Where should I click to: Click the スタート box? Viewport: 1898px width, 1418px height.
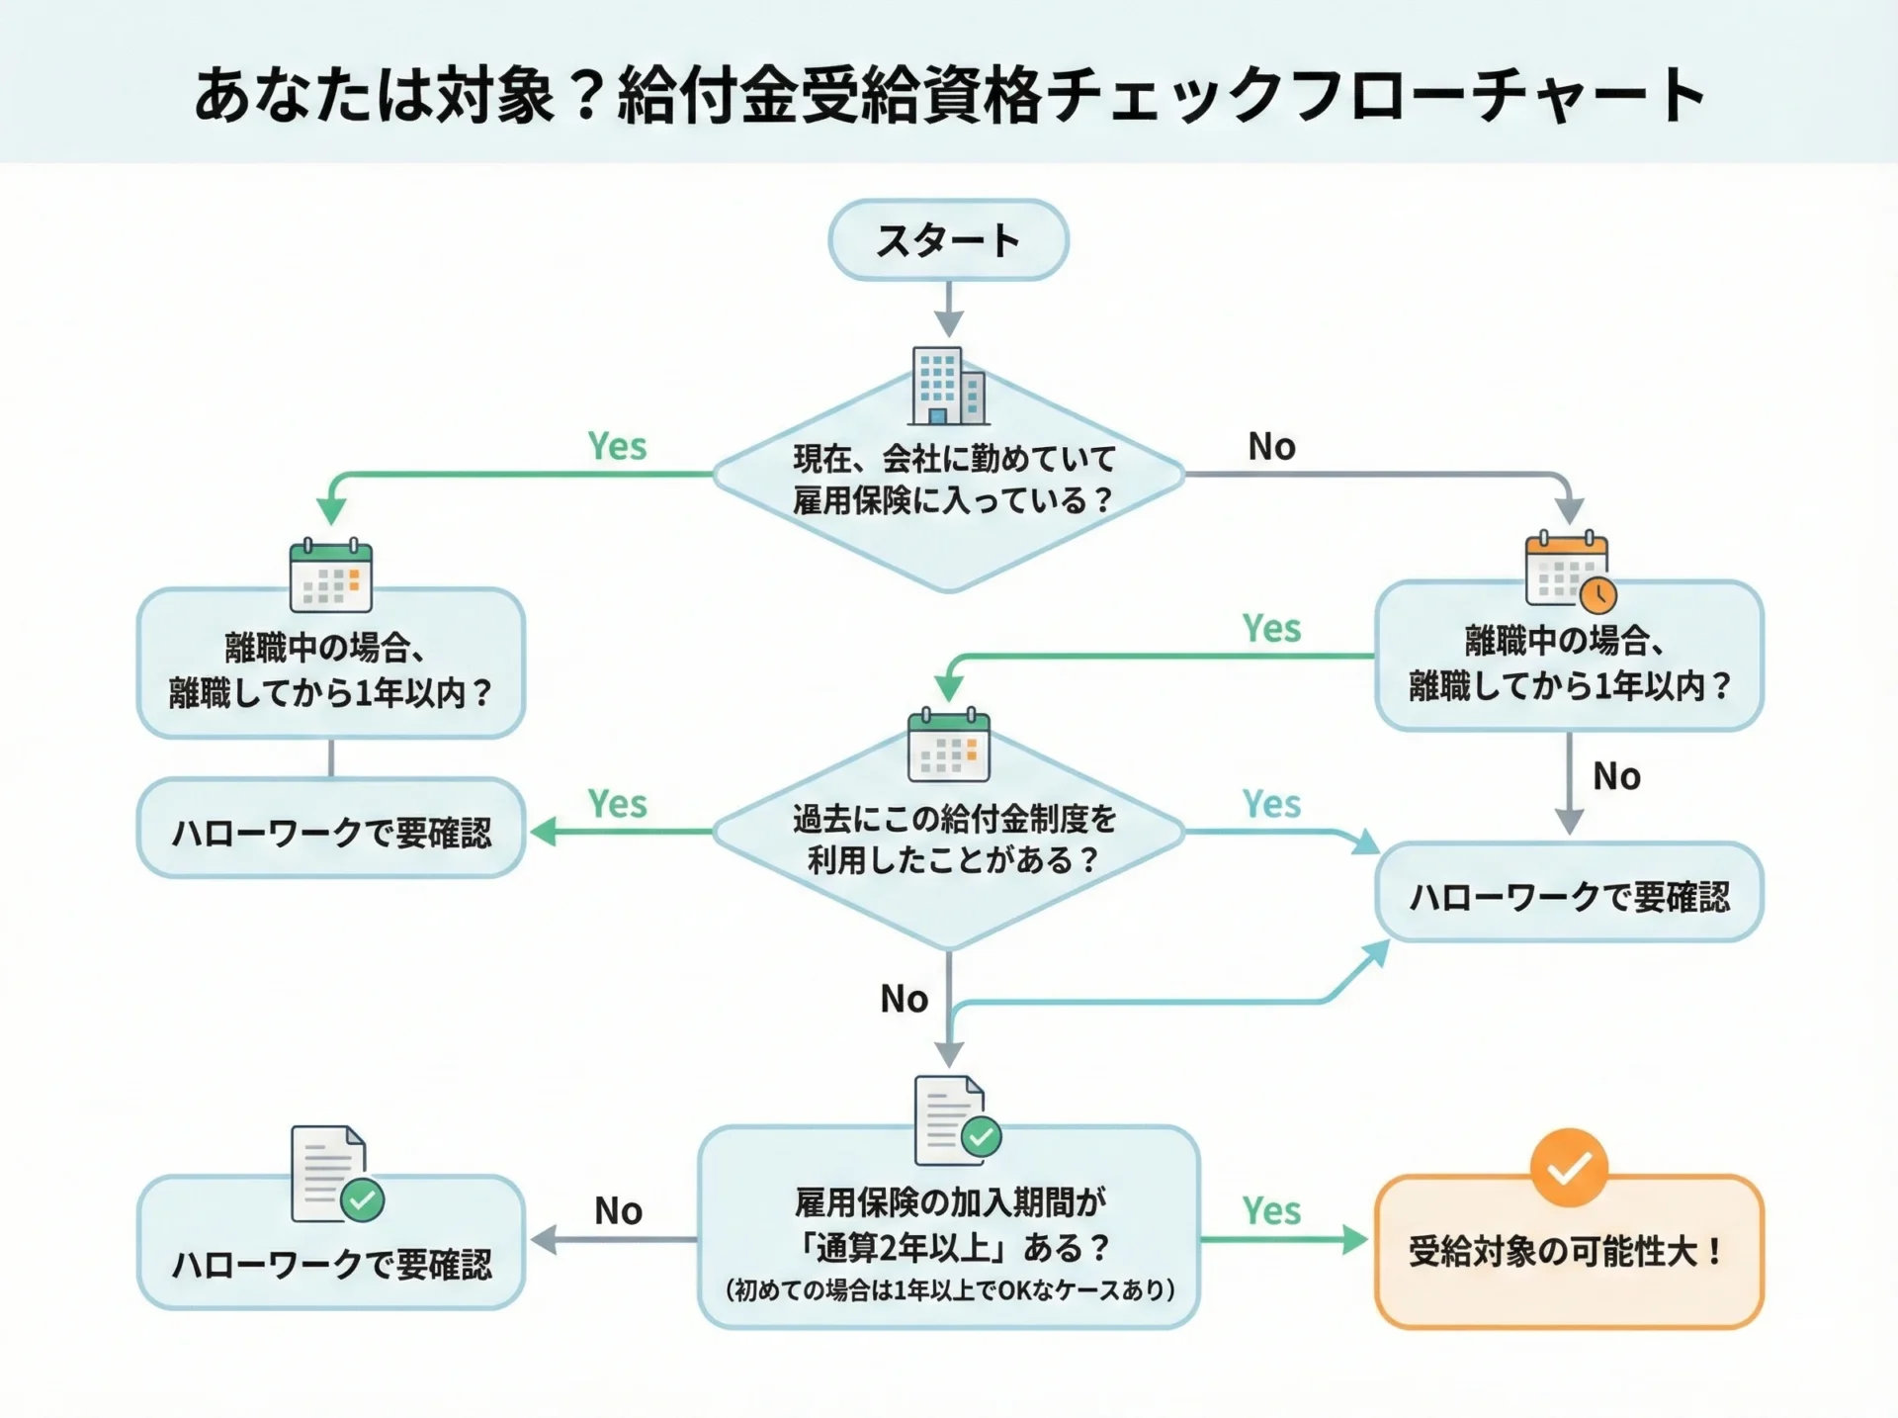tap(948, 240)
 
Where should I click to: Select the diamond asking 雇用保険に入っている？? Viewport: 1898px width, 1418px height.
tap(949, 480)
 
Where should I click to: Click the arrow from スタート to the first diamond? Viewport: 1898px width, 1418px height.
tap(949, 309)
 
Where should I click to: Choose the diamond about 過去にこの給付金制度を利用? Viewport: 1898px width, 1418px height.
tap(949, 839)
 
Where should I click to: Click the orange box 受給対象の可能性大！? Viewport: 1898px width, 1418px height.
tap(1569, 1252)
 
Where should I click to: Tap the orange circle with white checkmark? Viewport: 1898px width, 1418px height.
tap(1569, 1168)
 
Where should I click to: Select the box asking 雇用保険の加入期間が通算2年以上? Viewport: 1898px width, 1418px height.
tap(949, 1226)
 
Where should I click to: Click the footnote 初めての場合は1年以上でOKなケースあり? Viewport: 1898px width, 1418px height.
tap(949, 1290)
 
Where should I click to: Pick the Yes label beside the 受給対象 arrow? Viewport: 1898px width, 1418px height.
tap(1271, 1211)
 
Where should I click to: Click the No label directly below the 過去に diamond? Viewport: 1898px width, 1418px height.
tap(904, 999)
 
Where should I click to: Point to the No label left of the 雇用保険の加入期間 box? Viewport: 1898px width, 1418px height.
tap(618, 1211)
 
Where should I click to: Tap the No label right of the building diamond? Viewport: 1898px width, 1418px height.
tap(1271, 447)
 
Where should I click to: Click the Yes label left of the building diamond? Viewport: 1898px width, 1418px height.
tap(617, 447)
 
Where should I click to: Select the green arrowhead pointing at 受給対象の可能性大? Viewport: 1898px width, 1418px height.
tap(1354, 1240)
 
